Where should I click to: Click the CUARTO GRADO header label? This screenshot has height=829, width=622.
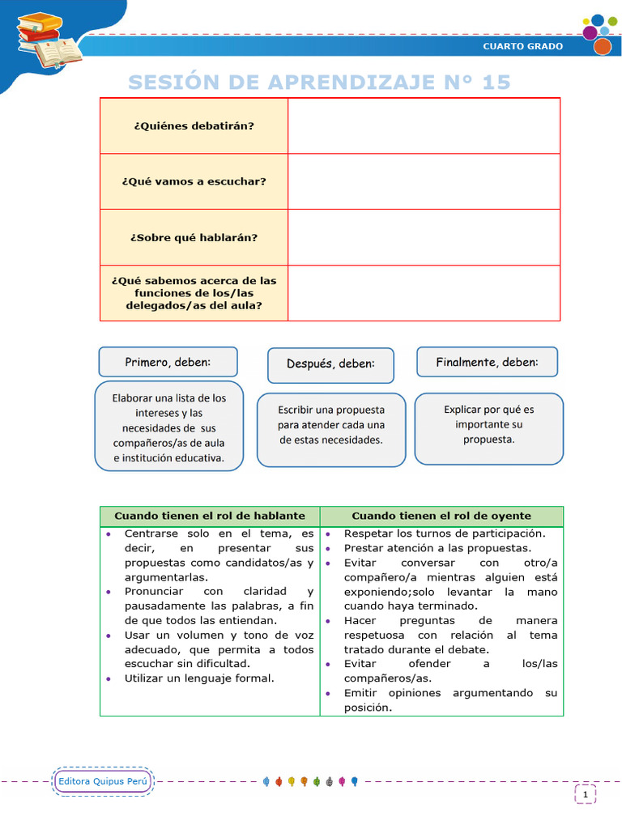pos(522,46)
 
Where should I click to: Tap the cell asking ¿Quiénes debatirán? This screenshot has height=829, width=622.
pos(194,125)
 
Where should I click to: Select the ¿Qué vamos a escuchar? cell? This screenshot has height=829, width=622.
pos(194,181)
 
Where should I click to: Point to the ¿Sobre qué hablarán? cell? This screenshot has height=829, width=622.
pos(194,237)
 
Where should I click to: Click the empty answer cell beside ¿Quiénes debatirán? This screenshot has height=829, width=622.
pos(424,125)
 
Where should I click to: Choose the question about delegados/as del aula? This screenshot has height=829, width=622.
pos(194,293)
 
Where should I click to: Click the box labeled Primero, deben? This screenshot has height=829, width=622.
pos(168,362)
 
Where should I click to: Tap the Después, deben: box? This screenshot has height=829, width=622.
pos(330,365)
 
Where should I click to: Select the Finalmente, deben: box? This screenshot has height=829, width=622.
pos(487,362)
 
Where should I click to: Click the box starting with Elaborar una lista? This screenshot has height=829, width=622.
pos(169,427)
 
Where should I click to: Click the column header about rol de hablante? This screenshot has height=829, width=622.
pos(210,516)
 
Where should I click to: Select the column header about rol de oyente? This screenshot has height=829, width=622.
pos(441,516)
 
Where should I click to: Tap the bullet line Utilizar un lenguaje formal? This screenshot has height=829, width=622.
pos(199,678)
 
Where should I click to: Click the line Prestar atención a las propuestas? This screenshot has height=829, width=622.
pos(437,548)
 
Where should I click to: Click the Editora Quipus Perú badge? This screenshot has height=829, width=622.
pos(103,781)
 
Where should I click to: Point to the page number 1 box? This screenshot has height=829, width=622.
pos(585,795)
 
